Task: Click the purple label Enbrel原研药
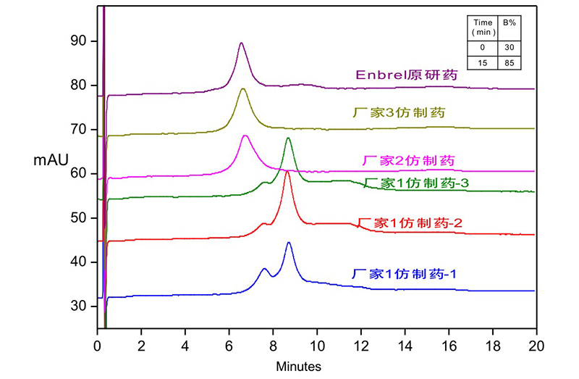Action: [x=407, y=74]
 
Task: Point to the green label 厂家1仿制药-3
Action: [x=418, y=183]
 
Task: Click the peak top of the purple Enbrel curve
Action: [x=241, y=43]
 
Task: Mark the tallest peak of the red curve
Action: [x=287, y=172]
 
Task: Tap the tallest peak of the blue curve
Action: [x=289, y=243]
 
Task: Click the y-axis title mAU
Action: [x=48, y=161]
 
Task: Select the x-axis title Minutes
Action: [x=299, y=367]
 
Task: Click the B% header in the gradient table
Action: [x=510, y=22]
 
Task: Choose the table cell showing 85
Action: [x=510, y=63]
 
